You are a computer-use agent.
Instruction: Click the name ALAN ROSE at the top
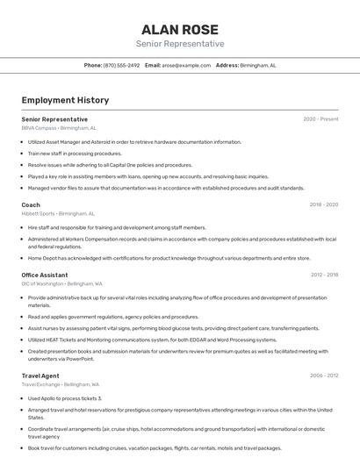[x=179, y=29]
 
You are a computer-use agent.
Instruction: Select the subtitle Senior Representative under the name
[x=179, y=44]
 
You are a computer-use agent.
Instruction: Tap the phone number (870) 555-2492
[x=121, y=65]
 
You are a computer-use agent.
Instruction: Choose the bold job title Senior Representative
[x=54, y=119]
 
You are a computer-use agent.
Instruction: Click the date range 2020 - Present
[x=320, y=119]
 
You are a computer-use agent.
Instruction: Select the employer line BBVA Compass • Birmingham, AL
[x=60, y=128]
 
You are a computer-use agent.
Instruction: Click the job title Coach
[x=31, y=204]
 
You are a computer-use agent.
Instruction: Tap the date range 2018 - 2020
[x=323, y=204]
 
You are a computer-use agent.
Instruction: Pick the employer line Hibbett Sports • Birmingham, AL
[x=58, y=213]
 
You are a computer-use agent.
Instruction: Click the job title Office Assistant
[x=45, y=275]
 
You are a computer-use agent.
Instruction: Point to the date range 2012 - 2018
[x=323, y=275]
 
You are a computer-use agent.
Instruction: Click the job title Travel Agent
[x=40, y=376]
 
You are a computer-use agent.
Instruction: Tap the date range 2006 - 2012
[x=323, y=376]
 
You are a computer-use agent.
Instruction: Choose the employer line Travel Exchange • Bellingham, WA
[x=61, y=384]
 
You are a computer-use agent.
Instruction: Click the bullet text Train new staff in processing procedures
[x=75, y=153]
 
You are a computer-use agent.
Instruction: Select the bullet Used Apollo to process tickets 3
[x=65, y=397]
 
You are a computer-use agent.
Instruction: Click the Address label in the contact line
[x=227, y=65]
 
